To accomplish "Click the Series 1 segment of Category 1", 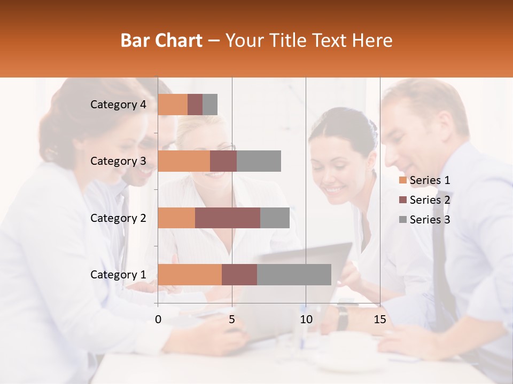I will [x=190, y=275].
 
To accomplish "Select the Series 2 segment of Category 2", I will [x=228, y=218].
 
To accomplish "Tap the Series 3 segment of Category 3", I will [x=259, y=161].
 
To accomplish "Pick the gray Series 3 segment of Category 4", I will [x=210, y=105].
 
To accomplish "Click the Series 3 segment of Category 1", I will [x=294, y=275].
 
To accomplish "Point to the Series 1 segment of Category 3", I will [x=184, y=161].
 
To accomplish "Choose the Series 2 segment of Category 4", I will [x=195, y=105].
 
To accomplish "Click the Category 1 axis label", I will [x=118, y=275].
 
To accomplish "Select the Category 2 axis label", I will [x=118, y=218].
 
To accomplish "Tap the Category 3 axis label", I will [x=118, y=161].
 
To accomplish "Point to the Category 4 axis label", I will [x=118, y=105].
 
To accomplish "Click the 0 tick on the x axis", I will [x=158, y=319].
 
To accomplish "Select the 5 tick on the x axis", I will [x=232, y=319].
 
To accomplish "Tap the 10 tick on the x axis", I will [x=306, y=319].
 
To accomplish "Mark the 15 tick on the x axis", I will [x=380, y=319].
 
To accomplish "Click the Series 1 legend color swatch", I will [x=402, y=180].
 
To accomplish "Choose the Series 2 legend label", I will [x=430, y=200].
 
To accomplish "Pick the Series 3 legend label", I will [x=430, y=220].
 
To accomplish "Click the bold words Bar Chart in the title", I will [x=161, y=41].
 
